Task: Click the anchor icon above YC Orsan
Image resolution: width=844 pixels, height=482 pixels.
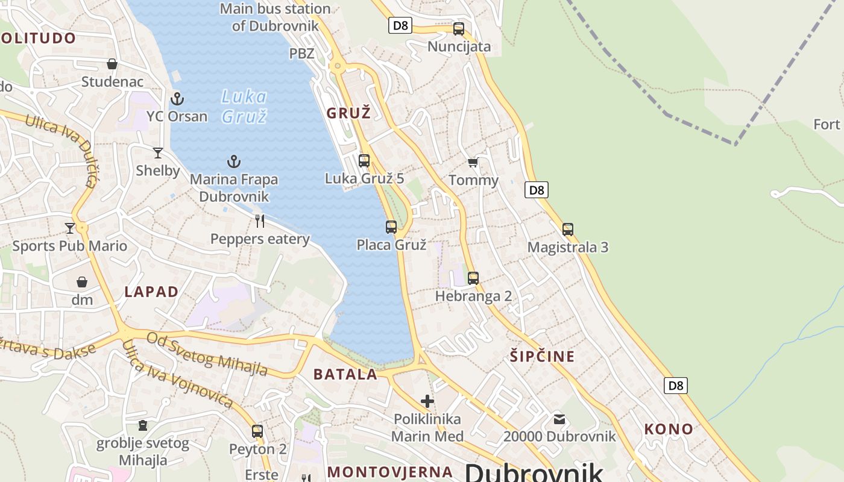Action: pyautogui.click(x=177, y=98)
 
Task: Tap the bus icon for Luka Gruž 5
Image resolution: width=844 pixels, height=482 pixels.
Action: pyautogui.click(x=364, y=160)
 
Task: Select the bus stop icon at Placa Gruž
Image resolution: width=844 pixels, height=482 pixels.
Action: pyautogui.click(x=391, y=227)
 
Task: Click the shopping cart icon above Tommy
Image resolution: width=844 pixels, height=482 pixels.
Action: pyautogui.click(x=473, y=162)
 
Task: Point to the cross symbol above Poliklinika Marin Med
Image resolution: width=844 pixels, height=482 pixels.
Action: pyautogui.click(x=427, y=401)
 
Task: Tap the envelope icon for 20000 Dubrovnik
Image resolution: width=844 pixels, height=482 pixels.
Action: pyautogui.click(x=559, y=419)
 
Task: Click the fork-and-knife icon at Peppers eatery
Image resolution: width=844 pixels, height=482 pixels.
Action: pyautogui.click(x=260, y=221)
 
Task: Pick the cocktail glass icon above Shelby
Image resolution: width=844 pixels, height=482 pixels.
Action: pyautogui.click(x=158, y=152)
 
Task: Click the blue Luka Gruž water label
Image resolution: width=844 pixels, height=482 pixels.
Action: pyautogui.click(x=244, y=105)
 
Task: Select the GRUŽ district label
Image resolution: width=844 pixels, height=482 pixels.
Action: pyautogui.click(x=348, y=113)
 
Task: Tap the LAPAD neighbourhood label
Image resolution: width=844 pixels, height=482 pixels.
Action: pyautogui.click(x=151, y=292)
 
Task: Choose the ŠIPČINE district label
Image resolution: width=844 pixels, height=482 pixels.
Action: pyautogui.click(x=543, y=356)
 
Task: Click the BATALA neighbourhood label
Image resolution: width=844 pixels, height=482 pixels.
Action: pyautogui.click(x=345, y=374)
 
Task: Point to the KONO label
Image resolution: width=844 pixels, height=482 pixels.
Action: pyautogui.click(x=669, y=430)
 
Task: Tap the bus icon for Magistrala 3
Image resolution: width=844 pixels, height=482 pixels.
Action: pyautogui.click(x=568, y=229)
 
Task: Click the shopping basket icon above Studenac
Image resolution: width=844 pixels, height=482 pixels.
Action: pyautogui.click(x=112, y=64)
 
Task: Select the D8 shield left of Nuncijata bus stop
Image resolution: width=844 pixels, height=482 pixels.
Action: pyautogui.click(x=400, y=25)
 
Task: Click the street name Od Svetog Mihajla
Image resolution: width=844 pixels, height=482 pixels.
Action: pyautogui.click(x=207, y=354)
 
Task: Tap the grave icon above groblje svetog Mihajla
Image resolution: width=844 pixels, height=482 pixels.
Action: pyautogui.click(x=143, y=426)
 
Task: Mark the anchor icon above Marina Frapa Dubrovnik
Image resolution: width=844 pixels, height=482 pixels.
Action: pyautogui.click(x=234, y=161)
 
